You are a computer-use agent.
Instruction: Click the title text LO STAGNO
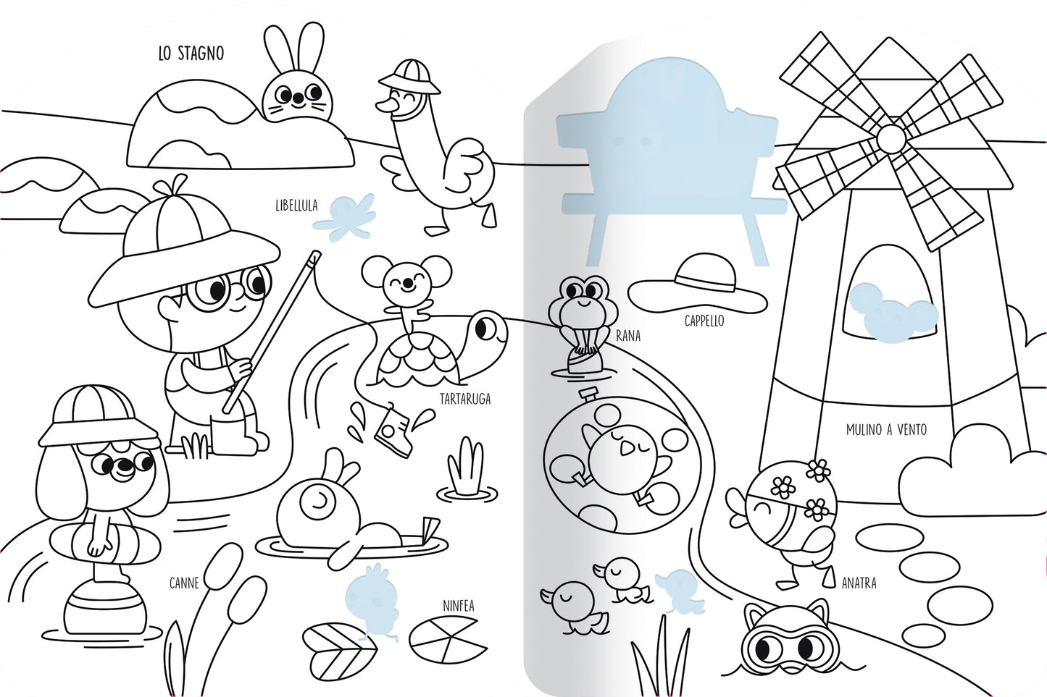tap(191, 54)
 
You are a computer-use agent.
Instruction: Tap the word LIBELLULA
tap(296, 206)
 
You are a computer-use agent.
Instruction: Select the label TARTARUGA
tap(465, 399)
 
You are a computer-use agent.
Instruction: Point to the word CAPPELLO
tap(704, 321)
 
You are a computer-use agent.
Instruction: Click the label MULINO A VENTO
tap(886, 429)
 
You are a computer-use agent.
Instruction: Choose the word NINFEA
tap(459, 606)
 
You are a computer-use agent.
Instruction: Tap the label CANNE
tap(184, 583)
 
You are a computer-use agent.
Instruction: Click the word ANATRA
tap(859, 583)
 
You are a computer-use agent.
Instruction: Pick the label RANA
tap(627, 336)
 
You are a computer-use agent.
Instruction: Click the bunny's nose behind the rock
tap(297, 98)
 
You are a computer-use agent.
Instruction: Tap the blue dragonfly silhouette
tap(345, 218)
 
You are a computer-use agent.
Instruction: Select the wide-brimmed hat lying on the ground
tap(697, 284)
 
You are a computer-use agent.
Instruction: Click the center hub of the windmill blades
tap(891, 138)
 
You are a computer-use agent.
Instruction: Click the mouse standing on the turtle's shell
tap(406, 293)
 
